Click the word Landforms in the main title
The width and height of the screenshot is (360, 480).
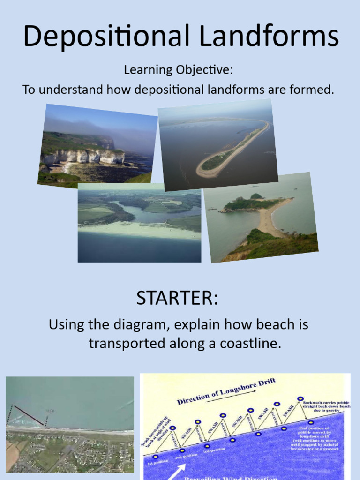tap(263, 36)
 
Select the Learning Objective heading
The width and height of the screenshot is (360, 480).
tap(178, 70)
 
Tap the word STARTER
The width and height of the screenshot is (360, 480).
tap(177, 299)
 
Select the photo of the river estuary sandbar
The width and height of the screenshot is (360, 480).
tap(139, 223)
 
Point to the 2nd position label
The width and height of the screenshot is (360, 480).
tap(183, 456)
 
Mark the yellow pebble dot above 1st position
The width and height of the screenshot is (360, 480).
tap(156, 457)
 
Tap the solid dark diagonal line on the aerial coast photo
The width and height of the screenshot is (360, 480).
tap(29, 416)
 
